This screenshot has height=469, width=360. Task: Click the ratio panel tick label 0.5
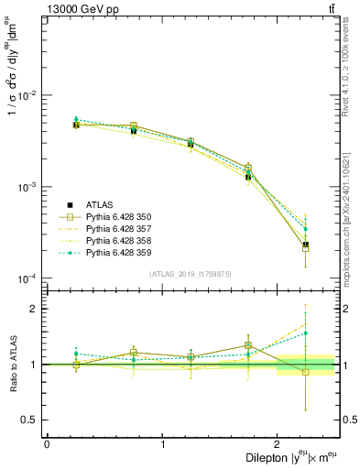[31, 420]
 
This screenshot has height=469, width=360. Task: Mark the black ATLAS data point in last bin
[306, 245]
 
